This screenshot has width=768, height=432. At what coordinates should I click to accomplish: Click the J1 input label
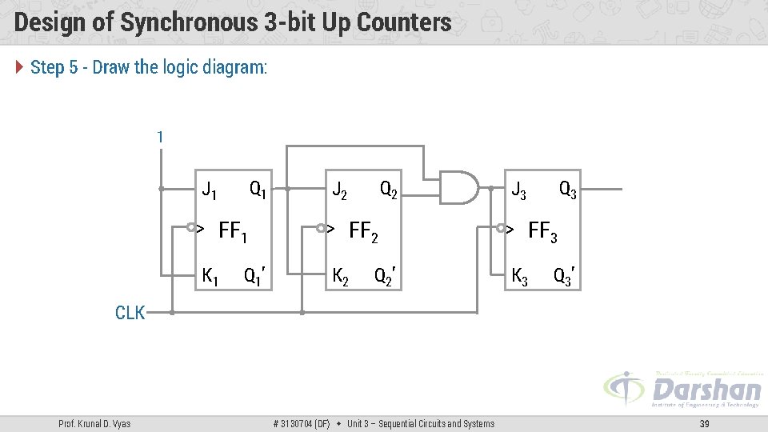[210, 190]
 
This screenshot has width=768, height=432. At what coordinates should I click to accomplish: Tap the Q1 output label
[258, 190]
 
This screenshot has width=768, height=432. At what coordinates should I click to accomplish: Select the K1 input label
[210, 278]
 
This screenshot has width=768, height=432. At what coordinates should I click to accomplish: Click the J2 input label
[340, 190]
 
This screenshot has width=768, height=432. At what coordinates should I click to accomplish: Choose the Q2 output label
[389, 190]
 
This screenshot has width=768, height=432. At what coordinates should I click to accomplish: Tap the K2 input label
[340, 278]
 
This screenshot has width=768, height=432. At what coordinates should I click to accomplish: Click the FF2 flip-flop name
[363, 233]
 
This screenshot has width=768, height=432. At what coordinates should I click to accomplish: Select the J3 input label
[519, 190]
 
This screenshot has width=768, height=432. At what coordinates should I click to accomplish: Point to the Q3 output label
[568, 190]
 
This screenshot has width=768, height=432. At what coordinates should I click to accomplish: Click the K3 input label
[519, 278]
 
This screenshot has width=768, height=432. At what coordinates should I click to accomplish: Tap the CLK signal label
[130, 313]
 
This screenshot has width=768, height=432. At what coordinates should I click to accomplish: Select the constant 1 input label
[160, 138]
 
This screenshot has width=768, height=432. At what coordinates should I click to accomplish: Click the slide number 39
[704, 423]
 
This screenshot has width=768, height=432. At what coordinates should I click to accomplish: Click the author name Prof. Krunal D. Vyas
[95, 423]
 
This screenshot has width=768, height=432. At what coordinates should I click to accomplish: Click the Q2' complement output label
[386, 278]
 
